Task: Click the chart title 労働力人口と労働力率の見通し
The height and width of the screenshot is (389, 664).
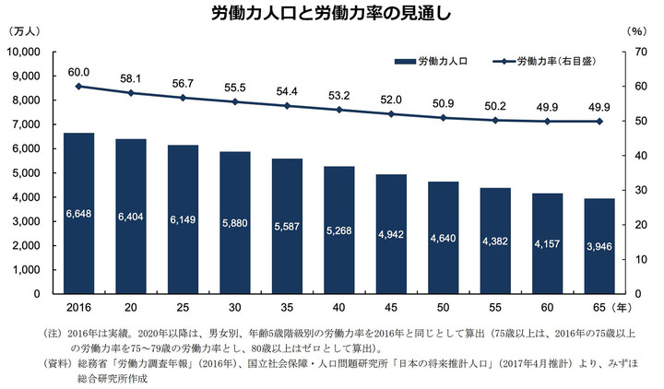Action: click(331, 13)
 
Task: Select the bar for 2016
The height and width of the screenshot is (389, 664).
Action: click(78, 213)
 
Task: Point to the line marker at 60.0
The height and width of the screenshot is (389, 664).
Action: click(78, 86)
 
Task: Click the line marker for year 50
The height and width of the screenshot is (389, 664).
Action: click(443, 118)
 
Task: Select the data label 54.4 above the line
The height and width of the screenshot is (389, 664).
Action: click(287, 90)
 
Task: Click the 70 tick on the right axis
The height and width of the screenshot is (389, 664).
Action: click(634, 52)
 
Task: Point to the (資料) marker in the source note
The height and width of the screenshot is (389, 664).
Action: click(58, 365)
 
